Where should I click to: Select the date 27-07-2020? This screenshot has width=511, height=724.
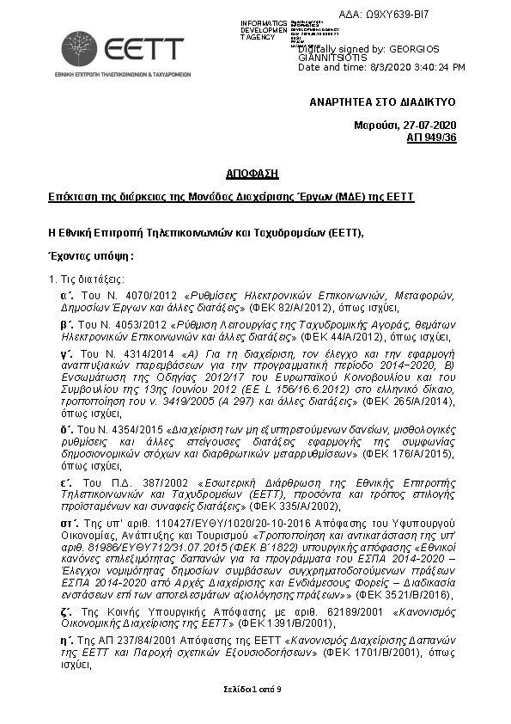(x=430, y=126)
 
